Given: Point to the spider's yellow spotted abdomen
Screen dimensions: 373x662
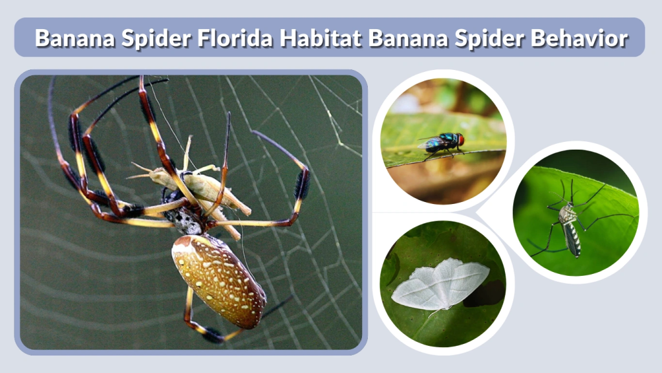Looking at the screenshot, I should (218, 278).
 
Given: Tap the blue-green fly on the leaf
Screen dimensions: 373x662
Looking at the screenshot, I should (442, 143).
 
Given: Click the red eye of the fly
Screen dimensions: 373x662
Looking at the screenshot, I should (460, 139).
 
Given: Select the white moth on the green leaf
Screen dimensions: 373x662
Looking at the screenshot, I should (440, 286).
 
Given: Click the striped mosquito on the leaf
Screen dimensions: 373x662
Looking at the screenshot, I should (569, 223).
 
